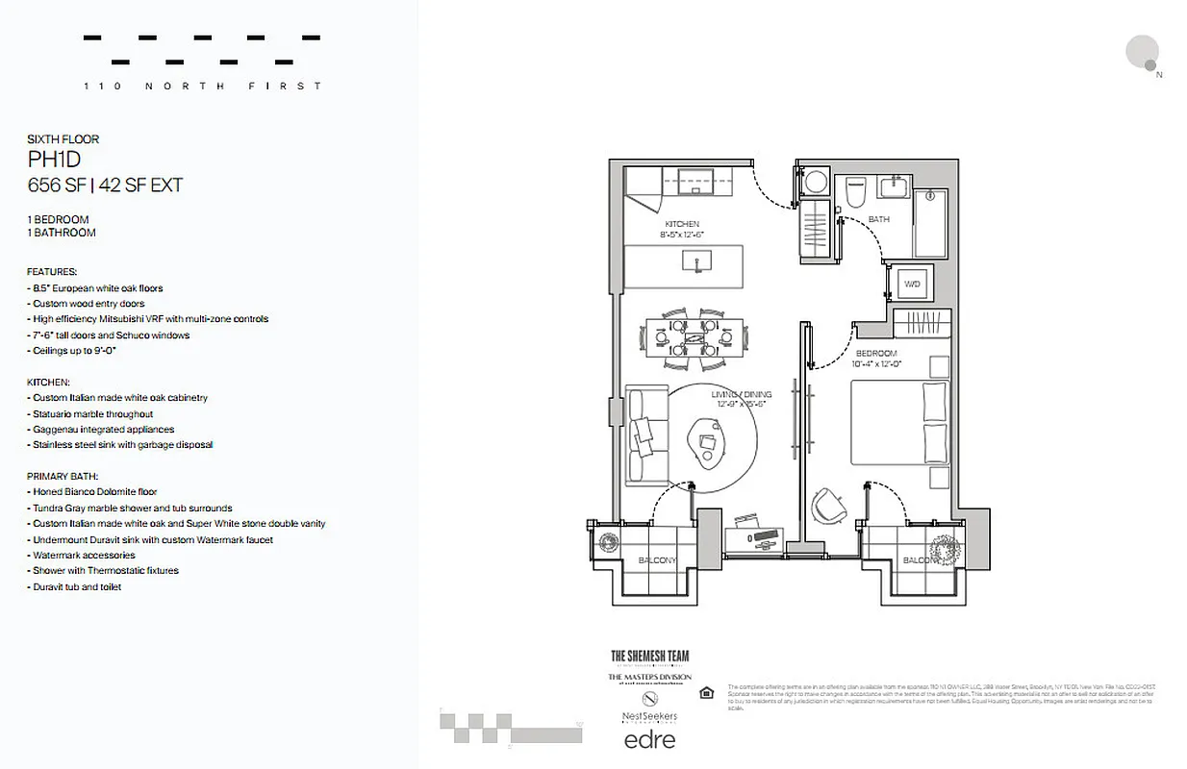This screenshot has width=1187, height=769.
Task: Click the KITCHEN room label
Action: coord(682,224)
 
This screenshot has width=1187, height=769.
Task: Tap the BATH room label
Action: coord(878,219)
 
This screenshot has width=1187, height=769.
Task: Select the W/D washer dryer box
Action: coord(911,285)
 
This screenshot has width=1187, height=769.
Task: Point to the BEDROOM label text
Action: coord(876,354)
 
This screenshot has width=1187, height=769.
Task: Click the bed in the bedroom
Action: coord(899,424)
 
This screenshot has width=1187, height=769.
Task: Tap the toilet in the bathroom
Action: coord(854,192)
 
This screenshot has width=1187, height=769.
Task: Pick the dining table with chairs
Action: coord(683,337)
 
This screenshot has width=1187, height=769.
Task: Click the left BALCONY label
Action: coord(656,560)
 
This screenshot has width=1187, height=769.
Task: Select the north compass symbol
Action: coord(1145,53)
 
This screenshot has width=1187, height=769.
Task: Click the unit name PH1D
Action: coord(57,160)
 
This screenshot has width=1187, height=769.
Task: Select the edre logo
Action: coord(649,739)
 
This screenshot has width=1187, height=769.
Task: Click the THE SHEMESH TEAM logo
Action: coord(650,657)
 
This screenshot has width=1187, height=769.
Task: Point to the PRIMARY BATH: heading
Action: coord(63,476)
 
